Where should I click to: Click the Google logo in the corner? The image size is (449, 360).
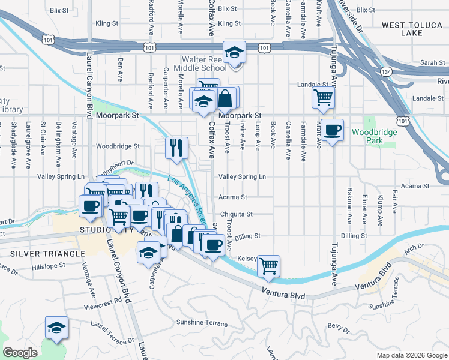20,353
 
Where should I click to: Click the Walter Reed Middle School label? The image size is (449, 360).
200,64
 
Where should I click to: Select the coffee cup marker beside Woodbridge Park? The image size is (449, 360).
331,130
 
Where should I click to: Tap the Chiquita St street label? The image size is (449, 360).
237,214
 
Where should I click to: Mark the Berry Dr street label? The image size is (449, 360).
339,328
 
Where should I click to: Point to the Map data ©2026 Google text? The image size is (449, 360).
411,355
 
